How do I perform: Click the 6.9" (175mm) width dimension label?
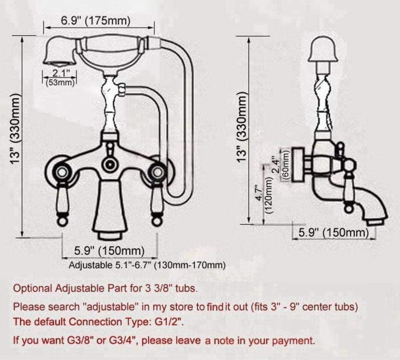point(96,21)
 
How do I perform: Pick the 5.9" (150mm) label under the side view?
point(334,233)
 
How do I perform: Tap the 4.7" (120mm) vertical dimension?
point(264,195)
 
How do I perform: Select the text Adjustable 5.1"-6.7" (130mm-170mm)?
point(147,265)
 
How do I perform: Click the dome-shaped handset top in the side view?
point(323,49)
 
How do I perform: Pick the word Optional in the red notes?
point(33,289)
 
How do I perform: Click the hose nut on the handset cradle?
point(121,90)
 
